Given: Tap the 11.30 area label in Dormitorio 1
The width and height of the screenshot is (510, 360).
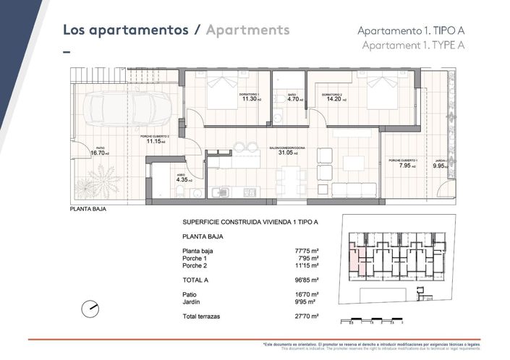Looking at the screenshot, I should tap(248, 99).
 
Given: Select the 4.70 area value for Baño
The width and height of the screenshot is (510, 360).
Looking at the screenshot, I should tap(294, 99).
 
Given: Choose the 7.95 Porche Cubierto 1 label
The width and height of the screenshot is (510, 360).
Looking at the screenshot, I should tap(404, 165).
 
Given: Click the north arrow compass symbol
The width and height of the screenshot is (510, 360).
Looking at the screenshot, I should tap(90, 307).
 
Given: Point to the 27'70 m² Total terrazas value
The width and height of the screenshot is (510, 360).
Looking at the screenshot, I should tap(309, 317).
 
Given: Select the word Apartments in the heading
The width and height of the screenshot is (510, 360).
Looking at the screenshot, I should tap(247, 30).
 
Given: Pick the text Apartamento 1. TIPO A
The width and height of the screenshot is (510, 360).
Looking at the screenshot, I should tap(410, 30).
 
